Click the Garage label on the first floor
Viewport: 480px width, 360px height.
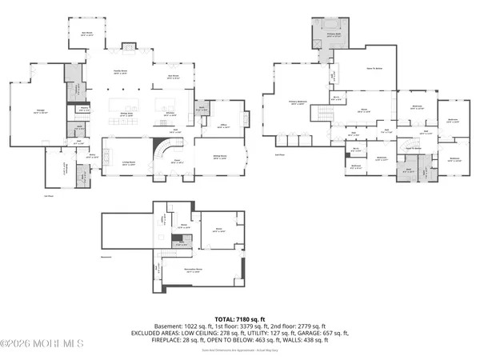[40, 111]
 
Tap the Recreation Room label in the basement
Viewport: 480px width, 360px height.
[194, 272]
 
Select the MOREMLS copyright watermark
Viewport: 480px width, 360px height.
[42, 345]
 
